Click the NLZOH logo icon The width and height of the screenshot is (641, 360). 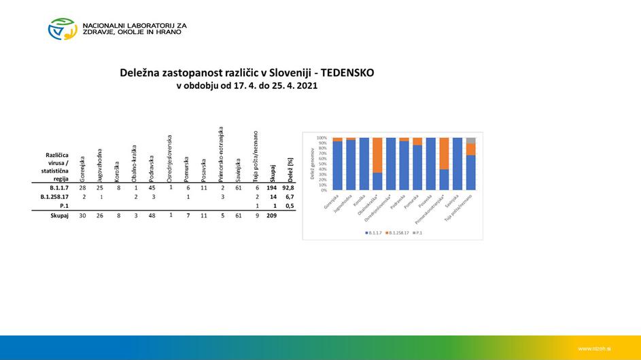pyautogui.click(x=63, y=29)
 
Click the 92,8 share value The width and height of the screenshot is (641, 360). pyautogui.click(x=291, y=187)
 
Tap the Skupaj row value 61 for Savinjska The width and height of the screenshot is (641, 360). pyautogui.click(x=238, y=215)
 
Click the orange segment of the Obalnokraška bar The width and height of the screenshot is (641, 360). pyautogui.click(x=377, y=155)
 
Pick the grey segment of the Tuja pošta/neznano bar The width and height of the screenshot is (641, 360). pyautogui.click(x=470, y=140)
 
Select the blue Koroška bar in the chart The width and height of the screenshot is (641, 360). pyautogui.click(x=364, y=164)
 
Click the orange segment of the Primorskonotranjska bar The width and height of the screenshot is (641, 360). pyautogui.click(x=444, y=153)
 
